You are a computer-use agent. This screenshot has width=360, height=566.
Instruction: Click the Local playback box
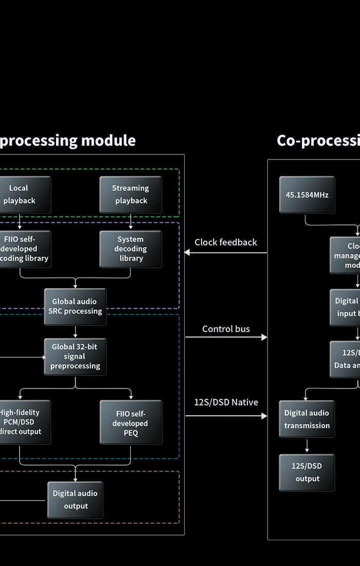tap(23, 194)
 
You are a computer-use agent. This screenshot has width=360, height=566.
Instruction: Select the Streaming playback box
tap(131, 194)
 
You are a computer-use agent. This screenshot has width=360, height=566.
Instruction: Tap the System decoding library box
tap(131, 249)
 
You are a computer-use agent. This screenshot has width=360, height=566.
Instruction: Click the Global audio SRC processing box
tap(75, 307)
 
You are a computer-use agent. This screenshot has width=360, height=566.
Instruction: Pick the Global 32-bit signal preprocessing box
tap(75, 357)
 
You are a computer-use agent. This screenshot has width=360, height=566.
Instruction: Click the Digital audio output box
tap(75, 500)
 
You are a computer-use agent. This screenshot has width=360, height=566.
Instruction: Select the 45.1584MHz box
tap(307, 194)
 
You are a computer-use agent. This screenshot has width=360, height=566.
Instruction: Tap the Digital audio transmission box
tap(307, 419)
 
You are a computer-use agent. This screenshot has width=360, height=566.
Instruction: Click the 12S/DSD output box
tap(307, 472)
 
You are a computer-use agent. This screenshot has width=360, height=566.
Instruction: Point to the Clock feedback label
tap(226, 242)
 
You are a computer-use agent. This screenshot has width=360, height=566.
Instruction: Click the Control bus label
tap(226, 329)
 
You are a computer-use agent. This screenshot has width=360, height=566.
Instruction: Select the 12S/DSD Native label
tap(226, 402)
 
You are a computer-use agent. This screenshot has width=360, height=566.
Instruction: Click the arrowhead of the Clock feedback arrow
tap(187, 253)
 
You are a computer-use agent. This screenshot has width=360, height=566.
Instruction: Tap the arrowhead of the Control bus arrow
tap(264, 338)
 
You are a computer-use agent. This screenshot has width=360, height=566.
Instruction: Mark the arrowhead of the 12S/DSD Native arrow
tap(264, 416)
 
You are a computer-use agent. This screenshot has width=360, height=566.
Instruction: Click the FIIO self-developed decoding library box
tap(23, 249)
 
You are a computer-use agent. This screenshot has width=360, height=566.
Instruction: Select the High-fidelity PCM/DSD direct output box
tap(23, 422)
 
